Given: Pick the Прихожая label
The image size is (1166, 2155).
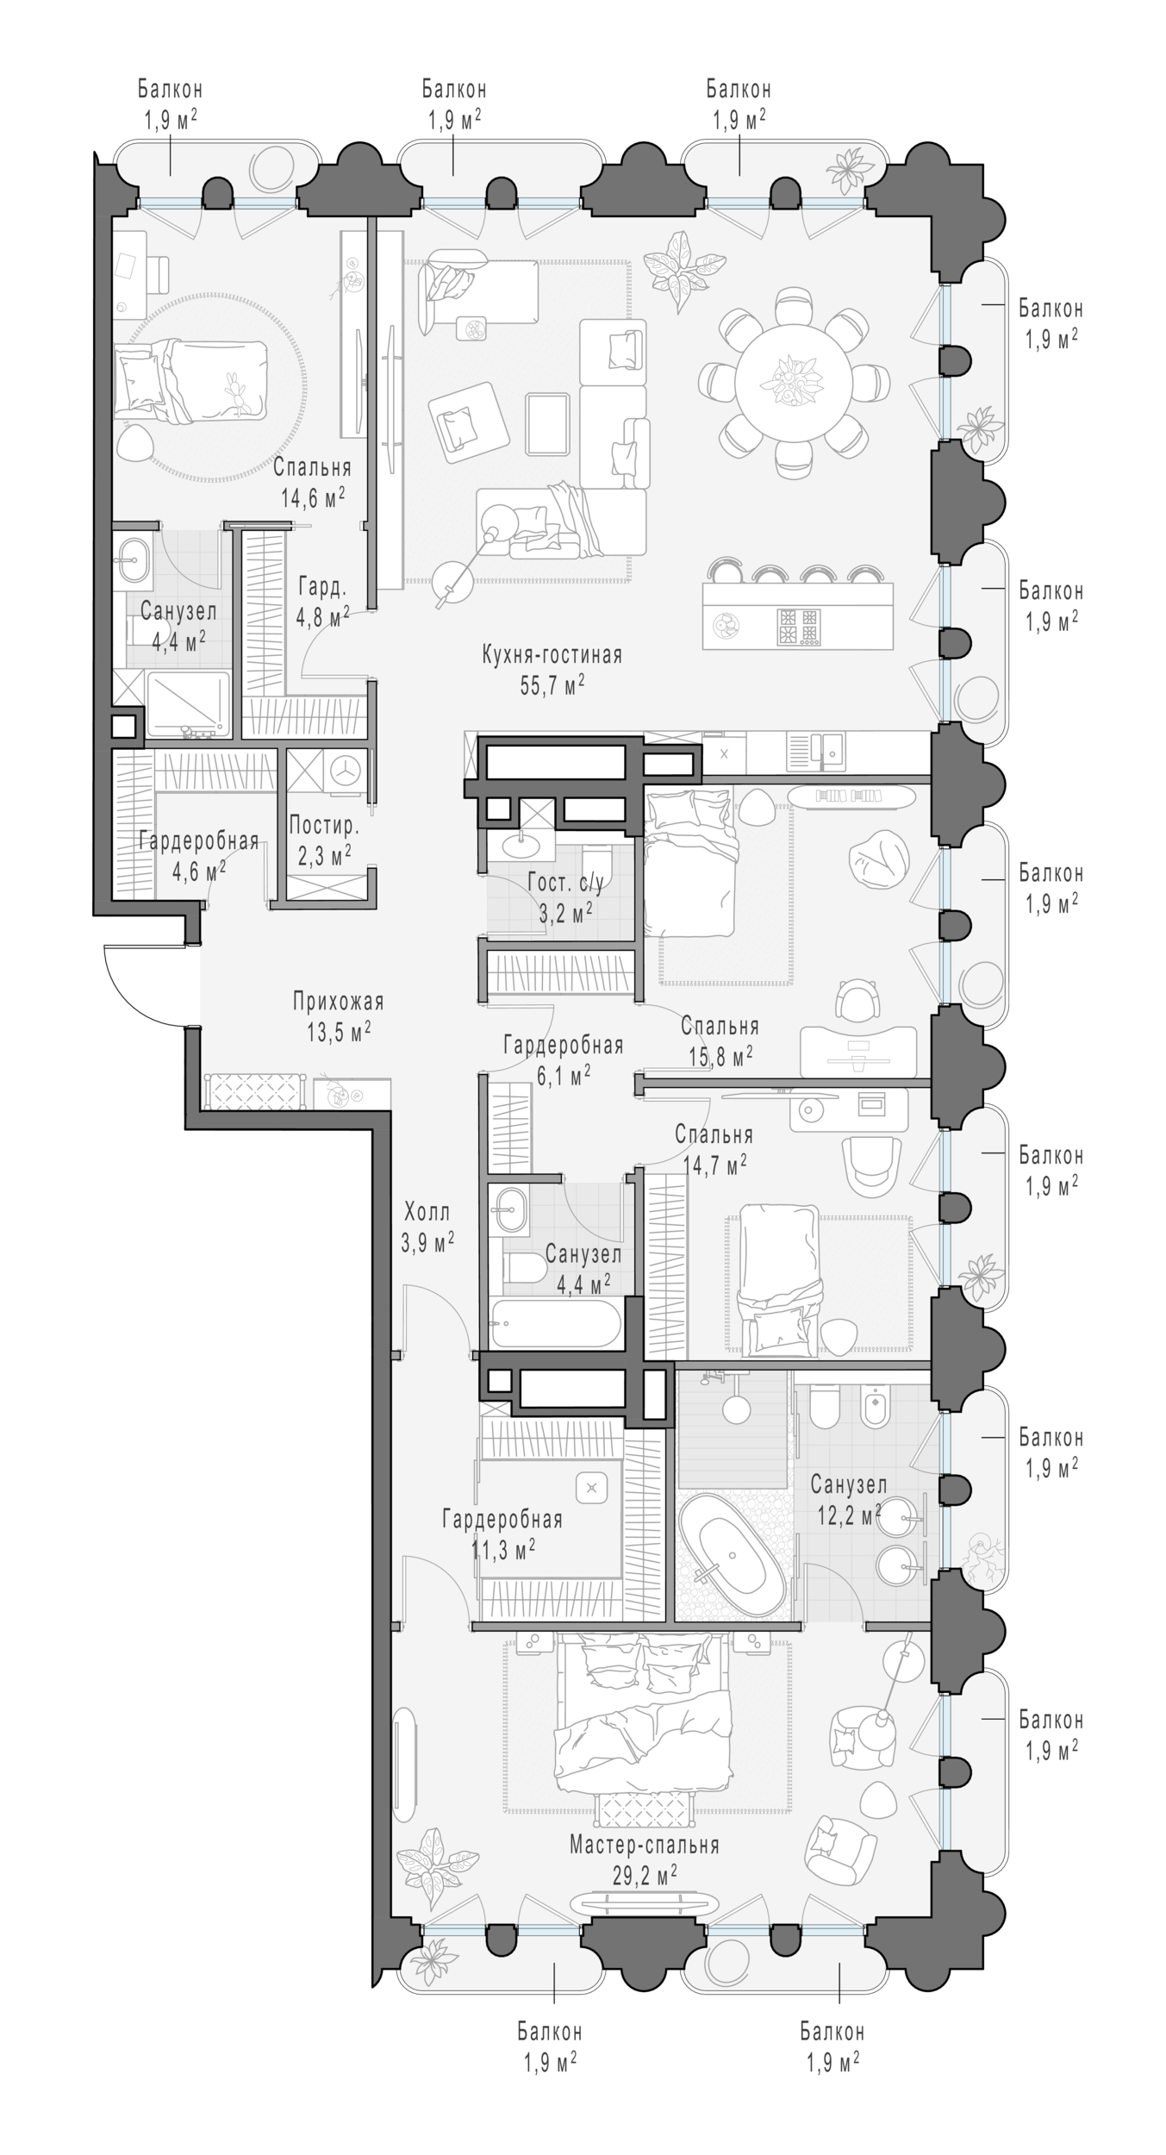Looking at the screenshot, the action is (x=338, y=1002).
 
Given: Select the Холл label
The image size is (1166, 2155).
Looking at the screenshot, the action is (x=427, y=1212).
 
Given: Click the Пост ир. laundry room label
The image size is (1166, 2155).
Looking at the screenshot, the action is (x=324, y=826).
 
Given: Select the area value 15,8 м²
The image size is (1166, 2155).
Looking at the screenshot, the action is (x=721, y=1055).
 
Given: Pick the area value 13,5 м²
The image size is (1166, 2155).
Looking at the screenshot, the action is (x=338, y=1031).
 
